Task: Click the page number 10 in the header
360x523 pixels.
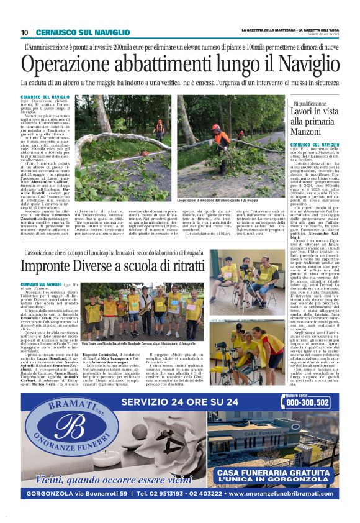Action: click(24, 32)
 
